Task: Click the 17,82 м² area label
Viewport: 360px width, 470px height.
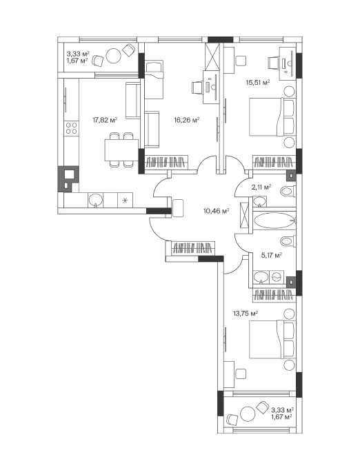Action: (x=105, y=120)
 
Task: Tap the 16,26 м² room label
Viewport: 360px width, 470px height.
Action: (x=187, y=120)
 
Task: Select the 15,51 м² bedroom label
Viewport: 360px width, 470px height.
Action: (x=258, y=83)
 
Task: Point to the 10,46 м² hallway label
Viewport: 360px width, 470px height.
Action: (x=217, y=211)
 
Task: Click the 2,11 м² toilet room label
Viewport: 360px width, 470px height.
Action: (x=261, y=187)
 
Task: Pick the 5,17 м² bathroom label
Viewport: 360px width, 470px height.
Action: (x=272, y=256)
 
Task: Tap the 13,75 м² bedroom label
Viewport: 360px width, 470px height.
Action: (x=246, y=314)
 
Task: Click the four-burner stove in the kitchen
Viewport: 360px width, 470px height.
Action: (x=72, y=128)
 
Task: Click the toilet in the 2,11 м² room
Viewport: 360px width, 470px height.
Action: (x=288, y=191)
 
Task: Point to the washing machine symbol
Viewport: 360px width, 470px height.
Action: (x=276, y=277)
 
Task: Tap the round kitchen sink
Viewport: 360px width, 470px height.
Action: (x=96, y=200)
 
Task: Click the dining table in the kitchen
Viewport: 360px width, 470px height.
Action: (x=121, y=150)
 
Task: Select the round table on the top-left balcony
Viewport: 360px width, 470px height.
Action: (x=114, y=56)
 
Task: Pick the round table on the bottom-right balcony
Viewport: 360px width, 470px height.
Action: (x=248, y=414)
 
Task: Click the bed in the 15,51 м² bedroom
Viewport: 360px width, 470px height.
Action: (x=272, y=116)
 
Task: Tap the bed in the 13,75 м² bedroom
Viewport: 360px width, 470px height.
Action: (x=272, y=339)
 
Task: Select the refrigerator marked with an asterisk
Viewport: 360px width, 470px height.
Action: (x=126, y=200)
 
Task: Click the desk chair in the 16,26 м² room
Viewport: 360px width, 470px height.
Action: (x=197, y=88)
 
